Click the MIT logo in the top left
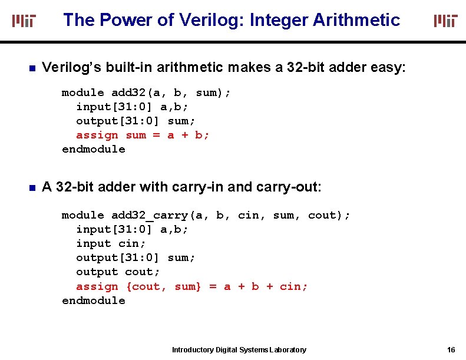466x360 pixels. pyautogui.click(x=24, y=21)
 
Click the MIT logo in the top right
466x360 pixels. pyautogui.click(x=445, y=21)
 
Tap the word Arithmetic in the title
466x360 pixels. pyautogui.click(x=356, y=20)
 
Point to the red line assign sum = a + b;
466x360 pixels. pyautogui.click(x=143, y=135)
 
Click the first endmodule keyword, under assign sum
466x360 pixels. pyautogui.click(x=94, y=149)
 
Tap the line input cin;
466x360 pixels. pyautogui.click(x=111, y=243)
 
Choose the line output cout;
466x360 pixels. pyautogui.click(x=118, y=272)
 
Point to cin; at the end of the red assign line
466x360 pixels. pyautogui.click(x=293, y=286)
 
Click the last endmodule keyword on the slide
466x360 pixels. pyautogui.click(x=94, y=300)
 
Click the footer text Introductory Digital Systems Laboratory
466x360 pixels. pyautogui.click(x=239, y=350)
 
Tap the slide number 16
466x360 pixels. pyautogui.click(x=451, y=350)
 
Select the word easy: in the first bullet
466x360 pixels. pyautogui.click(x=388, y=68)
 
